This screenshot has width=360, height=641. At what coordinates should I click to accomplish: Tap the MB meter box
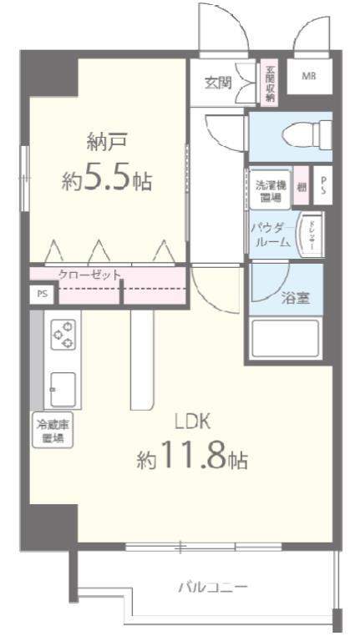click(308, 76)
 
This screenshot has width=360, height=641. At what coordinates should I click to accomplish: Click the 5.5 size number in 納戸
click(110, 178)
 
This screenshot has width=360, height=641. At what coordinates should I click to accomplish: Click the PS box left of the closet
click(41, 295)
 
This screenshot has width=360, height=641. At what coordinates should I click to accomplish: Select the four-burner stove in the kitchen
click(63, 334)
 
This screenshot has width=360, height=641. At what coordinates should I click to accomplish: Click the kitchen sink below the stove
click(63, 388)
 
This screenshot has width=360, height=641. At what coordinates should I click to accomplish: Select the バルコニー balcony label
click(213, 587)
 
